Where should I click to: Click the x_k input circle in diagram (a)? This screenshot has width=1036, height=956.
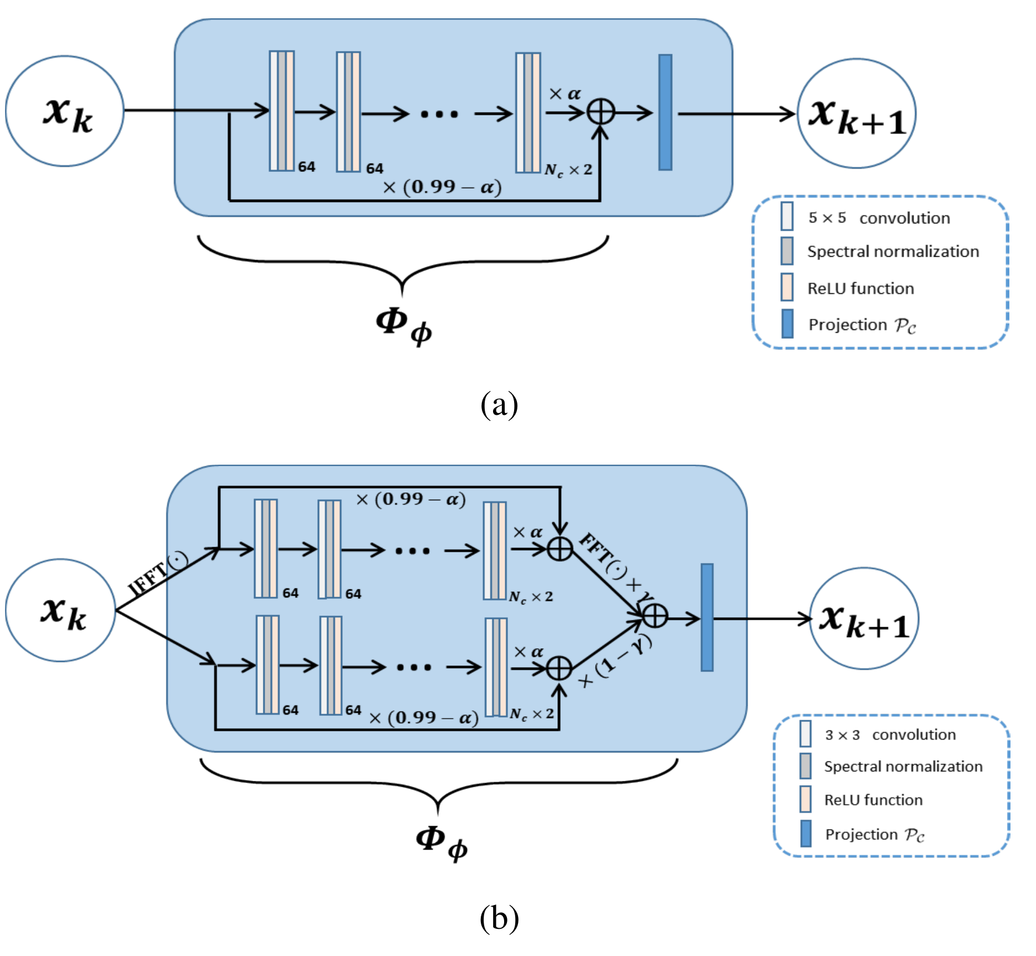click(x=65, y=111)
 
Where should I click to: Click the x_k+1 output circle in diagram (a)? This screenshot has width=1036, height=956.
click(x=856, y=114)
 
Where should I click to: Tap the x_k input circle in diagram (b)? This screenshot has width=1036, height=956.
click(x=60, y=610)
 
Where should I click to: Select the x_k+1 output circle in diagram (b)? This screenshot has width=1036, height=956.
click(x=864, y=618)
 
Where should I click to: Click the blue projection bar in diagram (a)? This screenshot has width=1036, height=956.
click(x=665, y=112)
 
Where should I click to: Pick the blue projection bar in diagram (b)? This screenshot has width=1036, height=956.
click(x=707, y=617)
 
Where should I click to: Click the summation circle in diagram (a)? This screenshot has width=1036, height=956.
click(x=601, y=112)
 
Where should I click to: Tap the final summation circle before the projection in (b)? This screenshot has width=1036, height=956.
click(x=654, y=616)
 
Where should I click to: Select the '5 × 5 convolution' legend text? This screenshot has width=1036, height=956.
click(x=879, y=218)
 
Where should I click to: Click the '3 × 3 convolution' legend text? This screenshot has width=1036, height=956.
click(x=890, y=735)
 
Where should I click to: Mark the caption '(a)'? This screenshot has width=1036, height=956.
click(x=499, y=404)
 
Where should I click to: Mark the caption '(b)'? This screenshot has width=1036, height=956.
click(x=499, y=918)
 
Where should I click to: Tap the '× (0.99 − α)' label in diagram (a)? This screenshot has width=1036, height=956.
click(x=442, y=187)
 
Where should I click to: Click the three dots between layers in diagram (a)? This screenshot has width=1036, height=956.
click(x=439, y=114)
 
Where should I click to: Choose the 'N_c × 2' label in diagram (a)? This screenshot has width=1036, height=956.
click(x=568, y=170)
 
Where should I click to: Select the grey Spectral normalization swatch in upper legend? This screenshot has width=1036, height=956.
click(x=786, y=251)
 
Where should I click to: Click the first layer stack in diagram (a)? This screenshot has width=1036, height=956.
click(x=282, y=111)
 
